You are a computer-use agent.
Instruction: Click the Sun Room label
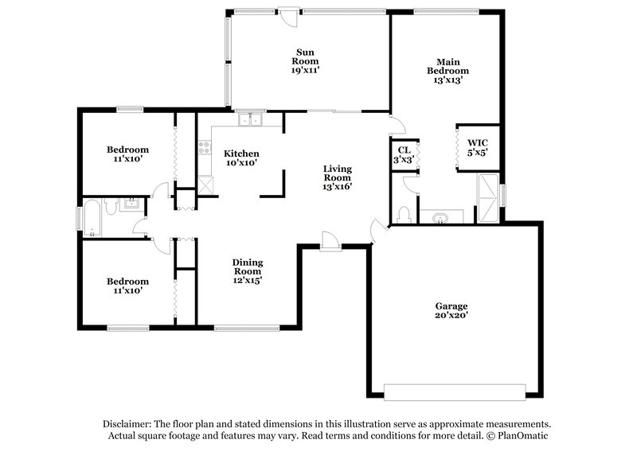[x=305, y=56]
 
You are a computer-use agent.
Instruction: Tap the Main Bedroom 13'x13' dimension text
[x=447, y=80]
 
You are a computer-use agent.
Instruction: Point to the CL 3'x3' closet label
[x=404, y=154]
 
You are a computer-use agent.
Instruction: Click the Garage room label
[x=451, y=305]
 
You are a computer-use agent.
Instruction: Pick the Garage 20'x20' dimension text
[x=451, y=315]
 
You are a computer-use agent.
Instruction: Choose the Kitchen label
[x=241, y=154]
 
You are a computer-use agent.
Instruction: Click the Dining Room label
[x=248, y=268]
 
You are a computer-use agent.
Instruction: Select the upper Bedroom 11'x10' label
[x=127, y=154]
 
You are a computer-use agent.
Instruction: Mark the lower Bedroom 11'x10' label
[x=127, y=286]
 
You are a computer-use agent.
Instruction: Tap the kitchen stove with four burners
[x=204, y=147]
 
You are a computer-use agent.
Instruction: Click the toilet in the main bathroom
[x=404, y=215]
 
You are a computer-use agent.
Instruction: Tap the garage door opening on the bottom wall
[x=455, y=390]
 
